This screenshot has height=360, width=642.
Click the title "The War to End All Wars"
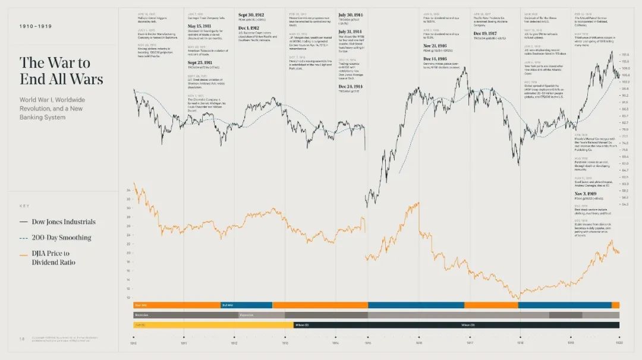(x=61, y=71)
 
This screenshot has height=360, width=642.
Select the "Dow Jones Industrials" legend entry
(x=57, y=222)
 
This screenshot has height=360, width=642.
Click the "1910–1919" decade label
(x=35, y=27)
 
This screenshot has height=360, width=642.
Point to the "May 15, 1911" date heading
(x=200, y=26)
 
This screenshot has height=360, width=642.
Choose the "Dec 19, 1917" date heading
(x=490, y=33)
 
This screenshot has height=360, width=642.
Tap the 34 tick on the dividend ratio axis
(x=128, y=191)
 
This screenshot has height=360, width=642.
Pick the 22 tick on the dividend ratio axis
(x=128, y=244)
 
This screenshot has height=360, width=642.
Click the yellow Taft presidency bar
(x=213, y=325)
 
